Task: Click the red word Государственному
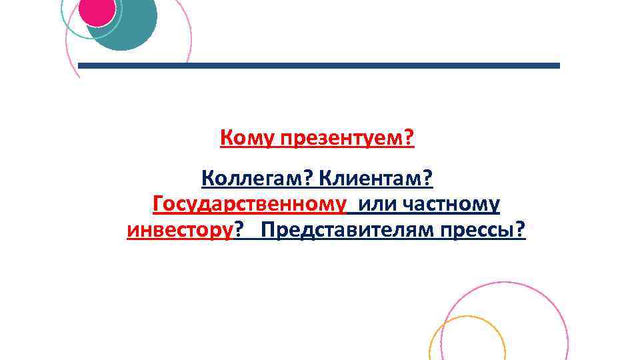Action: tap(250, 204)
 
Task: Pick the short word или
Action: tap(377, 204)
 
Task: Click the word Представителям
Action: tap(344, 231)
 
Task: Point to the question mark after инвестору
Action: tap(238, 231)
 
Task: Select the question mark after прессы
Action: tap(521, 231)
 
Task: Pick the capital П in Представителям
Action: tap(269, 231)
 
